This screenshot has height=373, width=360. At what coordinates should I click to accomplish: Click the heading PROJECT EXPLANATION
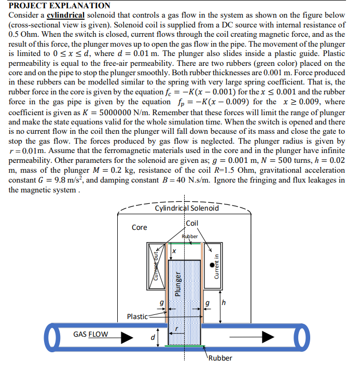60,6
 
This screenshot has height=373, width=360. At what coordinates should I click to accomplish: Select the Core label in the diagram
139,227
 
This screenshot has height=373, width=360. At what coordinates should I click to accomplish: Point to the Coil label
191,223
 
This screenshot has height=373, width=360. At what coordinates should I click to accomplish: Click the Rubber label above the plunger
189,236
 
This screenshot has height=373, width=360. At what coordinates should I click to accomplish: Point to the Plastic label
137,316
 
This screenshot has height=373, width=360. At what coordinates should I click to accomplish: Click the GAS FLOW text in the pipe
91,334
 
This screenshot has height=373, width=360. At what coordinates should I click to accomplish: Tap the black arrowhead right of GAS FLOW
127,338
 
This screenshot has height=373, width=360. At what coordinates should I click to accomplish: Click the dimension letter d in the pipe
153,339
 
